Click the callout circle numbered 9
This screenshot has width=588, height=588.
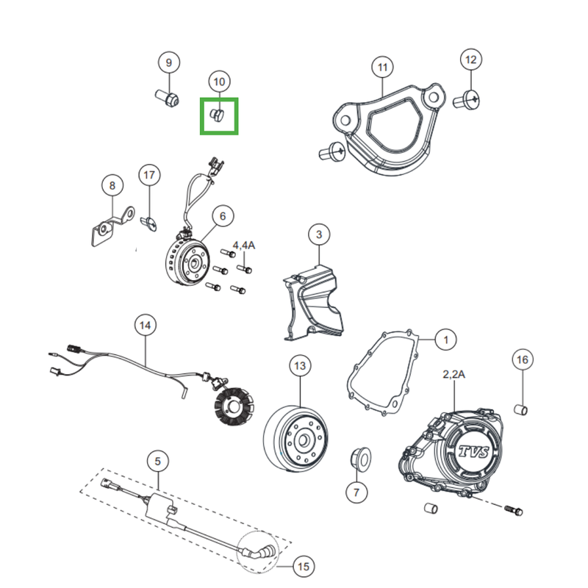click(169, 62)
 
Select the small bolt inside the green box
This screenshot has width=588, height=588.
click(218, 115)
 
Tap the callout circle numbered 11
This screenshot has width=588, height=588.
click(382, 67)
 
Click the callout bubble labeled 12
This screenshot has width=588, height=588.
click(471, 60)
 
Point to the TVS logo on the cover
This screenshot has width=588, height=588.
click(474, 452)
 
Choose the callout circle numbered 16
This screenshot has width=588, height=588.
click(523, 359)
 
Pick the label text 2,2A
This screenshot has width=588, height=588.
click(453, 374)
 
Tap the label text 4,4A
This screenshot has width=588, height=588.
click(244, 245)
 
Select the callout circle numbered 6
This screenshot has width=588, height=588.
click(223, 216)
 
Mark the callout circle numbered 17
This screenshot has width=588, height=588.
click(149, 175)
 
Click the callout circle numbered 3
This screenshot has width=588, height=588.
click(319, 234)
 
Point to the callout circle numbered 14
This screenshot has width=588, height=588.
click(146, 325)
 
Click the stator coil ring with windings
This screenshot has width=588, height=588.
click(234, 407)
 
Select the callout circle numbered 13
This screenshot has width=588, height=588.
click(300, 365)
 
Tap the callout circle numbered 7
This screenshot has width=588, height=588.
click(356, 492)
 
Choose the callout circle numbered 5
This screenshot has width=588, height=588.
click(157, 462)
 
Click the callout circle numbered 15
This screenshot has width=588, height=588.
click(304, 566)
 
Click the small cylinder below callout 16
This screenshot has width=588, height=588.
click(520, 410)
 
